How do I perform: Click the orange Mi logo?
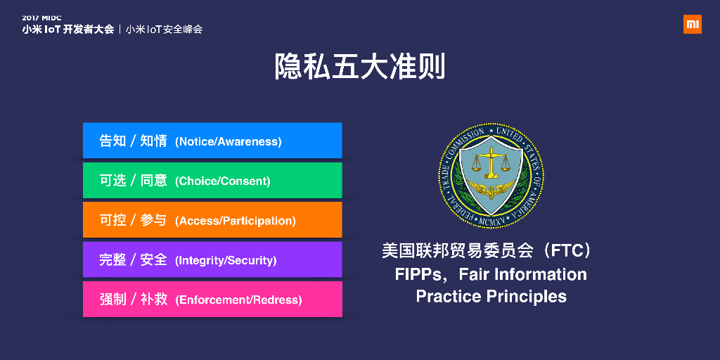click(x=693, y=24)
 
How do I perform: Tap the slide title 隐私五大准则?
click(x=359, y=67)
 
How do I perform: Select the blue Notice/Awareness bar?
click(x=212, y=141)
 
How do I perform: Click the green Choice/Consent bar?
click(x=212, y=181)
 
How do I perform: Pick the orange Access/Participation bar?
click(x=212, y=220)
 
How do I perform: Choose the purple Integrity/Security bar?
click(x=212, y=260)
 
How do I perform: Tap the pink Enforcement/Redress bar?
click(x=212, y=300)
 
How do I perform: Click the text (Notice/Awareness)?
click(x=229, y=142)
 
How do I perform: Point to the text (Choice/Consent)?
click(x=223, y=181)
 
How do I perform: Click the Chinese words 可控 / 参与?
click(x=133, y=220)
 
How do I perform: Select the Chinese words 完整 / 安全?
click(x=133, y=260)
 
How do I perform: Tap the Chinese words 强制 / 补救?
click(x=133, y=300)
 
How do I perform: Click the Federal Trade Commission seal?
click(x=491, y=176)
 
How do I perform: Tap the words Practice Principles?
click(x=491, y=297)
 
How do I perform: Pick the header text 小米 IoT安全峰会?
click(x=164, y=30)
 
